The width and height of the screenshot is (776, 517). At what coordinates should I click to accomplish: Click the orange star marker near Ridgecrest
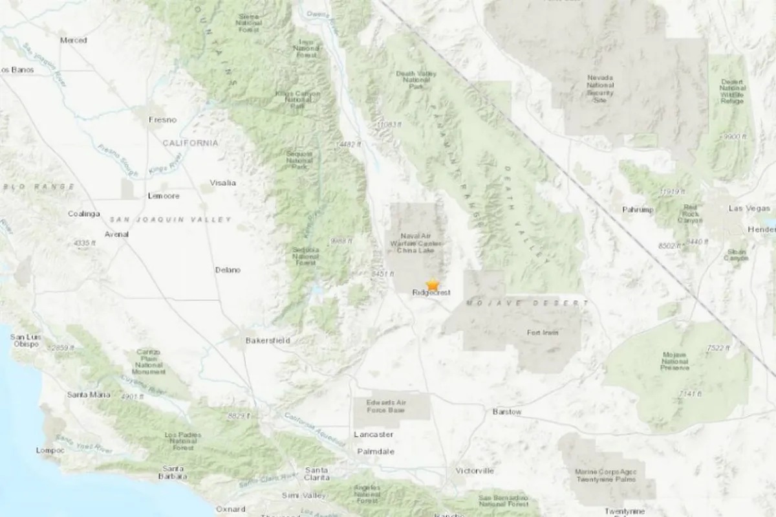[x=432, y=284]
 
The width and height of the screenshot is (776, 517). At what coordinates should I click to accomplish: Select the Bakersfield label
[x=268, y=340]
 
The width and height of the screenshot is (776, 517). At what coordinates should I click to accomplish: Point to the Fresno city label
[x=162, y=120]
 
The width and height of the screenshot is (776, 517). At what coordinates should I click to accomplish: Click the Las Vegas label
[x=749, y=208]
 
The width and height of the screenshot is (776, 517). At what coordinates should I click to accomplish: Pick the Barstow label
[x=506, y=412]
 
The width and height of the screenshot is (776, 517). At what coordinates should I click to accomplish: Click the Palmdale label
[x=375, y=452]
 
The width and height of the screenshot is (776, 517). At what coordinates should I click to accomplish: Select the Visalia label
[x=222, y=182]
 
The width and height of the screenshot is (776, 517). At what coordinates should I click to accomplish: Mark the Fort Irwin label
[x=543, y=333]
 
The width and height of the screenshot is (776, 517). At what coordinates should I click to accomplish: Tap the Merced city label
[x=73, y=40]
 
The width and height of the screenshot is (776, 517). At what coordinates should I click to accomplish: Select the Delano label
[x=228, y=269]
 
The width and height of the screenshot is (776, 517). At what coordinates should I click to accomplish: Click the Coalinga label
[x=84, y=214]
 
